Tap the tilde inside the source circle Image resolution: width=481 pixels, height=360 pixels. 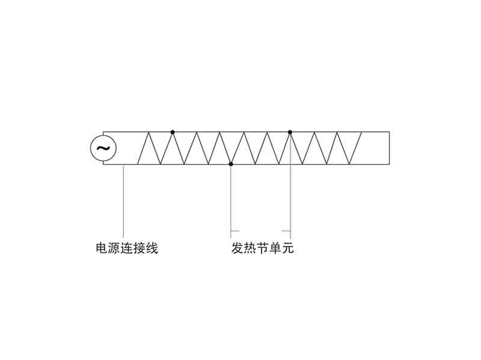pyautogui.click(x=103, y=148)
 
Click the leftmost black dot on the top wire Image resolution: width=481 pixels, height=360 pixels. pyautogui.click(x=173, y=132)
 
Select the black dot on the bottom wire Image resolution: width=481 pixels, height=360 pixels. pyautogui.click(x=231, y=164)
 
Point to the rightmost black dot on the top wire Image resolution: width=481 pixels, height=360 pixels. pyautogui.click(x=290, y=132)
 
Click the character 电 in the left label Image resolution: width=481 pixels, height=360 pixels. pyautogui.click(x=102, y=248)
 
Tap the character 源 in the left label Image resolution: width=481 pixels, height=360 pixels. pyautogui.click(x=114, y=248)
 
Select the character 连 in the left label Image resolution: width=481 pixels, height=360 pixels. pyautogui.click(x=127, y=248)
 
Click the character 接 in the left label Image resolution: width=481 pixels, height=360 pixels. pyautogui.click(x=139, y=248)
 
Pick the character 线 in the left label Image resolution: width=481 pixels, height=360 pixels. pyautogui.click(x=152, y=248)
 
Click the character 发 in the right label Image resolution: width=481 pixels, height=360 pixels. pyautogui.click(x=237, y=248)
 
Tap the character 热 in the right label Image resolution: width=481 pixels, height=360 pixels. pyautogui.click(x=250, y=248)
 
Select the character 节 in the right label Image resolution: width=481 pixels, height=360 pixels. pyautogui.click(x=263, y=248)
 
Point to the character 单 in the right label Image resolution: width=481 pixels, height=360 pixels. pyautogui.click(x=275, y=248)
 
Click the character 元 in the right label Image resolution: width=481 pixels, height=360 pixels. pyautogui.click(x=288, y=248)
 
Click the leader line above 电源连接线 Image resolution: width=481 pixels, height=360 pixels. pyautogui.click(x=123, y=201)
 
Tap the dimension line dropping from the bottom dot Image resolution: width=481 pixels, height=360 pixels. pyautogui.click(x=231, y=202)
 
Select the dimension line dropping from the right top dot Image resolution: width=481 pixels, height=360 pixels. pyautogui.click(x=290, y=186)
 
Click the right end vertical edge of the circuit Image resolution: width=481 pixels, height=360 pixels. pyautogui.click(x=389, y=148)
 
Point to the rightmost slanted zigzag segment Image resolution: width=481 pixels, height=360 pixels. pyautogui.click(x=355, y=148)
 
